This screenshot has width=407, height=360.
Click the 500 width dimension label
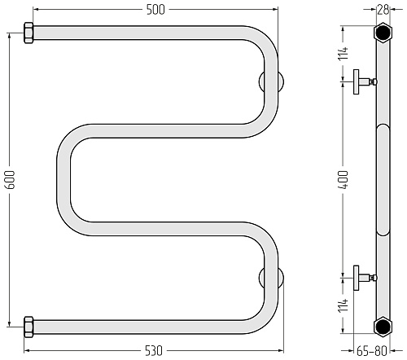click(x=155, y=10)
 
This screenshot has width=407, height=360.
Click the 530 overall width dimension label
click(x=154, y=350)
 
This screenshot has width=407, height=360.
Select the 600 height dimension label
click(x=11, y=180)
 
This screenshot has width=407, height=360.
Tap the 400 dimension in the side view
click(x=344, y=180)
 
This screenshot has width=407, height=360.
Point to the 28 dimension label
click(x=383, y=10)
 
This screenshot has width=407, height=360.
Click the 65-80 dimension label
click(x=372, y=351)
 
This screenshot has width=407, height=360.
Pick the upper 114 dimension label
click(x=344, y=53)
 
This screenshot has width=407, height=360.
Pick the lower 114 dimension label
click(x=344, y=305)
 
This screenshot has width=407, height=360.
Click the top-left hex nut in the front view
click(x=28, y=33)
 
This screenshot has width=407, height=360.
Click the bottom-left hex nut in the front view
click(x=28, y=327)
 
